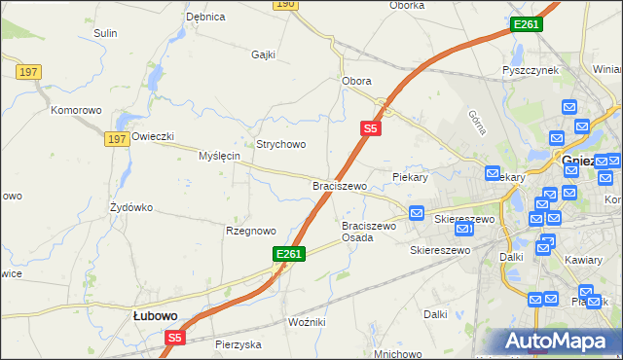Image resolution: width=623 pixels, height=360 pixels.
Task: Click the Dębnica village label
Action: tap(205, 17)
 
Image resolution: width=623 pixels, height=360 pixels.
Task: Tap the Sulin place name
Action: tap(105, 33)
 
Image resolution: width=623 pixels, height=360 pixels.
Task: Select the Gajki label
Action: tap(264, 54)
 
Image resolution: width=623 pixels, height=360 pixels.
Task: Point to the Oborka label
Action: tap(407, 5)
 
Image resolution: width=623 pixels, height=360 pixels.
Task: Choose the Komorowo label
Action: tap(77, 110)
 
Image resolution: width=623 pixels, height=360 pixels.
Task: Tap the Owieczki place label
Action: tap(152, 136)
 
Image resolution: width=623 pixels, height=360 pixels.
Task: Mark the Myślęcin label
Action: tap(219, 156)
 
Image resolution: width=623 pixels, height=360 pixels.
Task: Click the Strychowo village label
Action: tap(281, 144)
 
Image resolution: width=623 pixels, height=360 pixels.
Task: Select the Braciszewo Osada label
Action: tap(369, 232)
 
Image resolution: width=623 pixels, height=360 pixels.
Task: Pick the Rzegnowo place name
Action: tap(251, 231)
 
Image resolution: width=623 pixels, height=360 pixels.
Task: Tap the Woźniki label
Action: tap(307, 321)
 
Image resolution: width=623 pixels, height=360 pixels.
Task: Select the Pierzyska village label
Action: tap(239, 344)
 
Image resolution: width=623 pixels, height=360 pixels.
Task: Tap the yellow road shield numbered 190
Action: tap(284, 4)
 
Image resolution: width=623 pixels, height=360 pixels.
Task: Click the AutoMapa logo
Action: tap(559, 342)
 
